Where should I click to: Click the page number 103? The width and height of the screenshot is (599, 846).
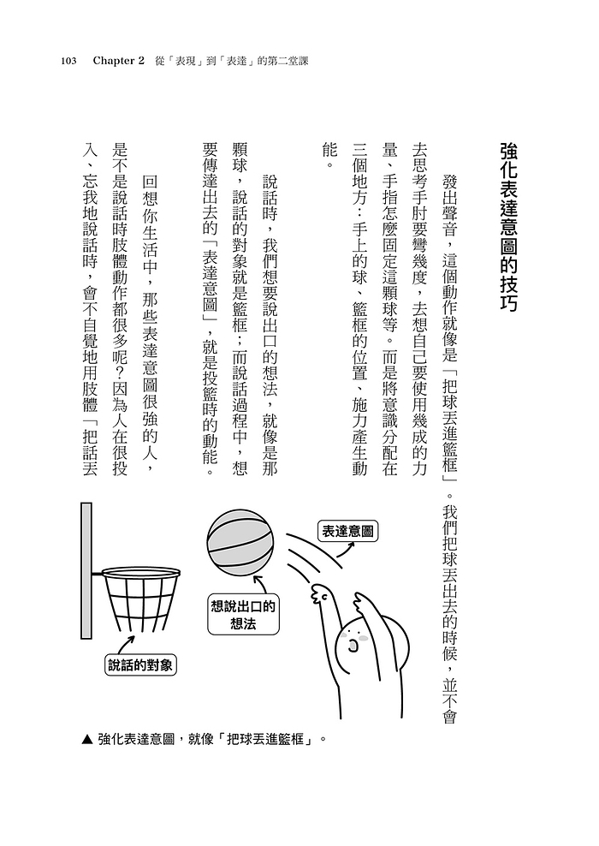[69, 62]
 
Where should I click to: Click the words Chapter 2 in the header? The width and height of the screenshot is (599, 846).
[120, 62]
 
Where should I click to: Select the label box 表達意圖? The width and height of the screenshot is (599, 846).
[347, 531]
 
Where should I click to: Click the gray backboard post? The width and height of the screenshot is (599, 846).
[86, 570]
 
